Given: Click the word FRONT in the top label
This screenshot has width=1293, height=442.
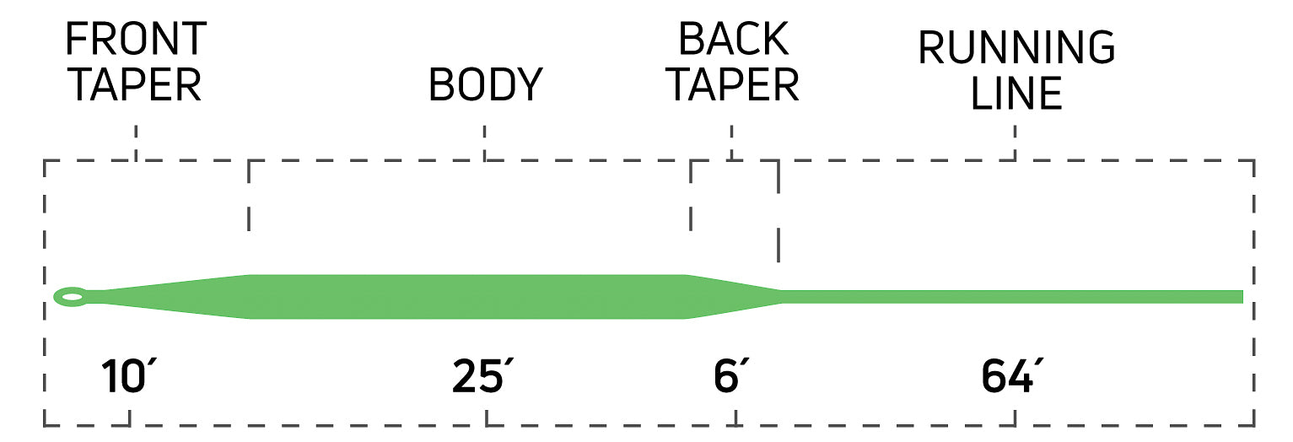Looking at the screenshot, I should pos(135,39).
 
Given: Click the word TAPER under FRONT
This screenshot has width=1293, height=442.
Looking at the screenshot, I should pos(133,84).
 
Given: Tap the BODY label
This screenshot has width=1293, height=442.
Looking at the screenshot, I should pos(485,84).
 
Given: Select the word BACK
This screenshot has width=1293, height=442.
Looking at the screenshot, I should pos(733,39).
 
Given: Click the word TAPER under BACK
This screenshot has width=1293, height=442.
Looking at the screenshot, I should pos(733,84).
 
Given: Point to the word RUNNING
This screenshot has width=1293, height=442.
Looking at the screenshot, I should pos(1016,48).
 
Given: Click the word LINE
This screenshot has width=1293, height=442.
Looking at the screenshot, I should pos(1016,94).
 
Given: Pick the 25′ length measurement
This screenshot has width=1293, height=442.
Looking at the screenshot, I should pos(478,377).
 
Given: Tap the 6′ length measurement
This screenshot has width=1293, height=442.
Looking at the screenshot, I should pos(727,377).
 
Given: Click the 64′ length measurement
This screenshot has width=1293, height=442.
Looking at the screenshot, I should pos(1009,377).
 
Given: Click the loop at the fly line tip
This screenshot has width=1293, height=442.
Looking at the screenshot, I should pos(71,297).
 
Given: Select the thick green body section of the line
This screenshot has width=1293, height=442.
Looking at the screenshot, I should pos(468,297).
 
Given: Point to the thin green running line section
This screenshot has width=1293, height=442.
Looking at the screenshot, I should pos(1012,297).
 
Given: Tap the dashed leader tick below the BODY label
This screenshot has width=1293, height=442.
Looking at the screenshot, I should pos(485,142).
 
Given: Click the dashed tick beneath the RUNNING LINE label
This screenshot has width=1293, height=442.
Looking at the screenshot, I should pos(1015,142).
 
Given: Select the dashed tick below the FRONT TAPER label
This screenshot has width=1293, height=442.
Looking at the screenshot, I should pos(136,142).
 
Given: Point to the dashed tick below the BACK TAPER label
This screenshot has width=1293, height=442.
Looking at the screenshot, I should pos(732,142).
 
